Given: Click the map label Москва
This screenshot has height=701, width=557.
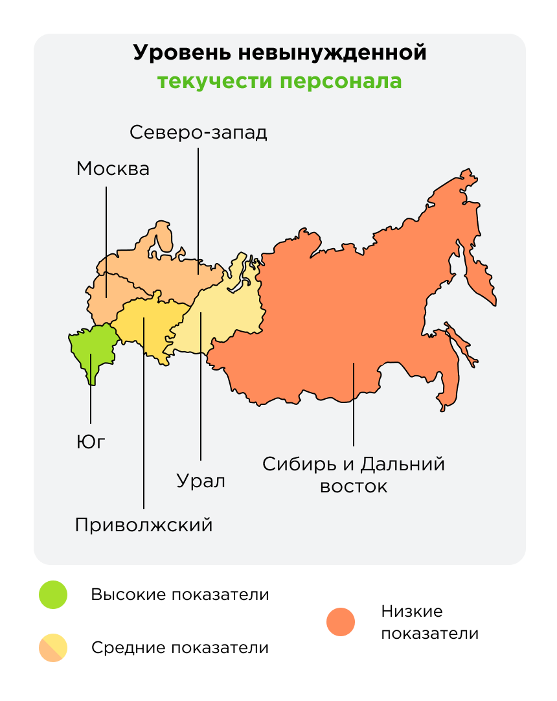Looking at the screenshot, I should [113, 169].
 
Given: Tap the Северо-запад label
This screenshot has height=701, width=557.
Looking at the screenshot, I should [198, 132].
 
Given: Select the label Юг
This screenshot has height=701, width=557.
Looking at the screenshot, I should [91, 442].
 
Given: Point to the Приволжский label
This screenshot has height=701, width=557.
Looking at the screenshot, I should [144, 524].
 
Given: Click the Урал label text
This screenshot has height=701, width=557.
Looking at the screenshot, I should [201, 481].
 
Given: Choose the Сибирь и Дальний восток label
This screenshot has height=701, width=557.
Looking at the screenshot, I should [354, 475].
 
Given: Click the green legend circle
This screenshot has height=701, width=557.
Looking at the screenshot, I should [53, 595].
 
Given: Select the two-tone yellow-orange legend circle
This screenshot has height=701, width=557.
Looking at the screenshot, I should [53, 647].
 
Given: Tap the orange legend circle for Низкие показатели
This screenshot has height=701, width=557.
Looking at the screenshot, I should [341, 622].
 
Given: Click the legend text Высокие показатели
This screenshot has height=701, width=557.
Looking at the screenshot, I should [179, 595].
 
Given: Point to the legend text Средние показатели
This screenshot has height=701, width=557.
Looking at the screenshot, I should [179, 647].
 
